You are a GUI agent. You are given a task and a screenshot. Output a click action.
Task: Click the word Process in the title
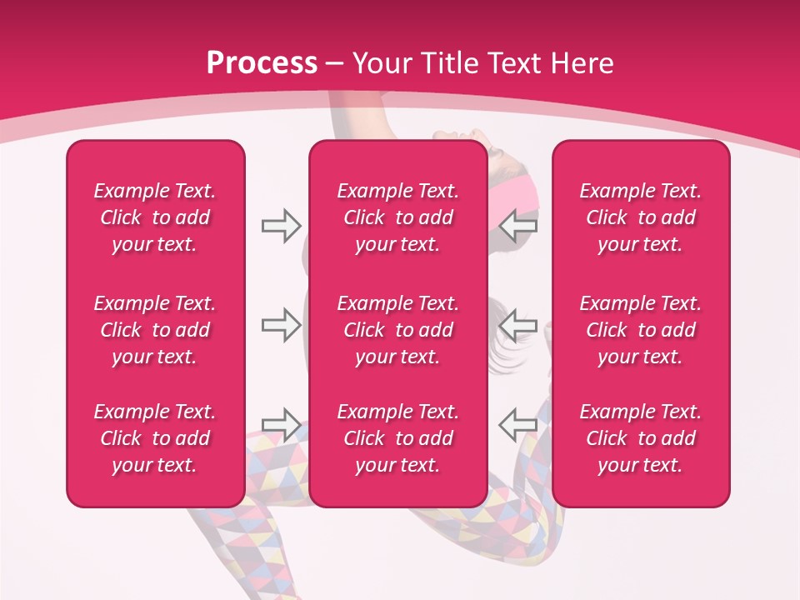pos(262,63)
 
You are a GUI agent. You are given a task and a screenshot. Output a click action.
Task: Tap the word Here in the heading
pos(581,63)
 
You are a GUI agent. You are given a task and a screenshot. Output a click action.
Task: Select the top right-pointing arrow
pos(281,226)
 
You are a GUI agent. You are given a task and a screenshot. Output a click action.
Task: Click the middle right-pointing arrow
pos(281,325)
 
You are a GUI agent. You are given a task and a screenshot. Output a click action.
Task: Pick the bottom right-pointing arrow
pos(281,424)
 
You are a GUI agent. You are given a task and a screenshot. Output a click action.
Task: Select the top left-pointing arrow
pos(517,226)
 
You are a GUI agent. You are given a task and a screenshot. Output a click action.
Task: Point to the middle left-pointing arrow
pos(517,325)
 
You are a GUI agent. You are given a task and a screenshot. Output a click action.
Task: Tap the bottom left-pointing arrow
pos(517,424)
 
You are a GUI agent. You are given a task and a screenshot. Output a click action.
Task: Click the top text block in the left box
pos(154,217)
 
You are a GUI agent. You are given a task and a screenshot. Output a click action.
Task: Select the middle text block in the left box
pos(154,330)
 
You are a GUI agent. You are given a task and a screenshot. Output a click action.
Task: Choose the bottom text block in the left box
pos(154,438)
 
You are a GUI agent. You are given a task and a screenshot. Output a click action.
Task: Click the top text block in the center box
pos(397,217)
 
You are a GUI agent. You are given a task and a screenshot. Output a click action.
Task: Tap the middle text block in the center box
pos(397,330)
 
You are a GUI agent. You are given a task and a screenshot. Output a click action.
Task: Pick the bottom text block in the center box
pos(397,438)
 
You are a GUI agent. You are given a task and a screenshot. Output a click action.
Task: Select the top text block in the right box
pos(640,217)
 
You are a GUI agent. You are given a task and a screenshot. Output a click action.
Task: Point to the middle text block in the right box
pos(640,330)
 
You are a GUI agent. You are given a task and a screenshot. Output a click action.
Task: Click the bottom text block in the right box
pos(640,438)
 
